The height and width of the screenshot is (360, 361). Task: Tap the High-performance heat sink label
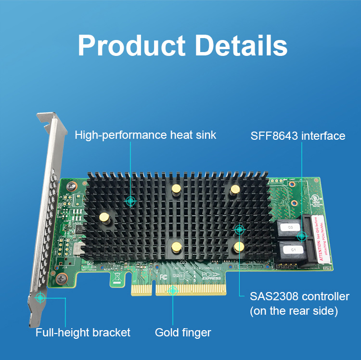145,135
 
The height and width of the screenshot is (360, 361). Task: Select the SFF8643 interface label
297,136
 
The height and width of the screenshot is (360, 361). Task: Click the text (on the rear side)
294,311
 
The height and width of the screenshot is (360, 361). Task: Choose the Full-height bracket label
83,332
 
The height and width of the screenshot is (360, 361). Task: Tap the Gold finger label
183,332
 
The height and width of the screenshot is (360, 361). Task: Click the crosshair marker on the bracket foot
41,297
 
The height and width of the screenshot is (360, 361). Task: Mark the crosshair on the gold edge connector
173,290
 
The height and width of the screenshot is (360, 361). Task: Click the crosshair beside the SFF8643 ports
302,236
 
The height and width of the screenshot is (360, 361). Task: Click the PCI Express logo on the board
212,275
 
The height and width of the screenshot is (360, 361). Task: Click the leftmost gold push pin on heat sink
103,218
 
